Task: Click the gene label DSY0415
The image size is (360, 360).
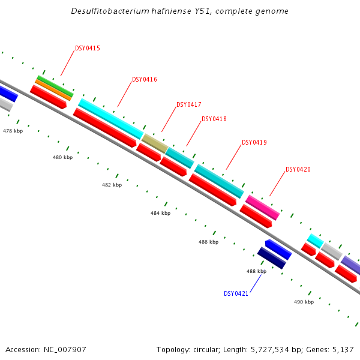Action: tap(88, 48)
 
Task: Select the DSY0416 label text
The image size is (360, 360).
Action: tap(145, 79)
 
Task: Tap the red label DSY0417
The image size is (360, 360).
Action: tap(189, 104)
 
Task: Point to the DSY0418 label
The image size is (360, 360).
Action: tap(214, 119)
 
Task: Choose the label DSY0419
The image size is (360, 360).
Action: tap(254, 143)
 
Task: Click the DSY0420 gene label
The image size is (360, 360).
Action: tap(298, 169)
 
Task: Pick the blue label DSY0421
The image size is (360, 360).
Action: tap(236, 293)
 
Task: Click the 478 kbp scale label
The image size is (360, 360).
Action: tap(13, 131)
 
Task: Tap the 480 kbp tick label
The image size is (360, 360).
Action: tap(62, 157)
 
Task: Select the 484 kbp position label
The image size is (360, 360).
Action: tap(160, 213)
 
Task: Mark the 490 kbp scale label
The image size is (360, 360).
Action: tap(304, 302)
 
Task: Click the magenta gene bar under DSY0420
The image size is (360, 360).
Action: tap(263, 207)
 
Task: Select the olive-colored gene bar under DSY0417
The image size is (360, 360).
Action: tap(155, 143)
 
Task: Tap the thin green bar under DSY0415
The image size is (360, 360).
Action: tap(55, 85)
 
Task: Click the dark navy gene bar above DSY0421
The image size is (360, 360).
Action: tap(271, 258)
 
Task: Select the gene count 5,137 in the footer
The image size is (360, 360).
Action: tap(343, 349)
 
